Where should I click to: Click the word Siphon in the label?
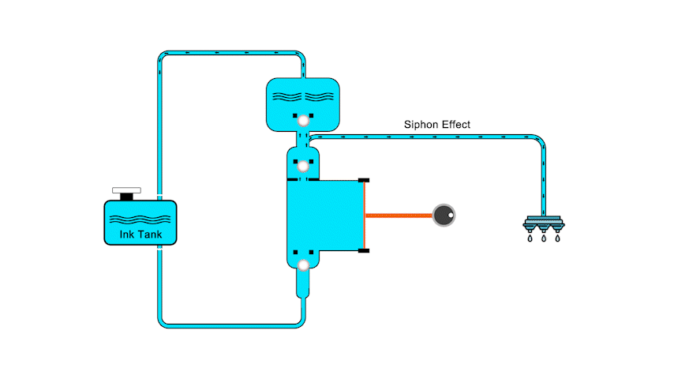click(420, 125)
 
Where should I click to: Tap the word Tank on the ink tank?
click(154, 235)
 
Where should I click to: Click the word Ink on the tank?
click(128, 235)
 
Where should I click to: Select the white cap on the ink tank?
click(126, 190)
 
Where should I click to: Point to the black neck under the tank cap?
click(126, 197)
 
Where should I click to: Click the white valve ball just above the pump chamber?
click(302, 166)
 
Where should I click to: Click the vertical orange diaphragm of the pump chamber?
click(365, 215)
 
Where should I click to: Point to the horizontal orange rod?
click(399, 215)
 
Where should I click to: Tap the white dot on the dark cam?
click(448, 212)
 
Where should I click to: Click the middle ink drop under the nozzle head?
click(543, 237)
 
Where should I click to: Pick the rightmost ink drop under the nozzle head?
click(556, 237)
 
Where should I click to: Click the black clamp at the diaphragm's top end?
click(364, 180)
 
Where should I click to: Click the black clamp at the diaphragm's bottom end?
click(364, 251)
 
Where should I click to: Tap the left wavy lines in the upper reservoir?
click(286, 97)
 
